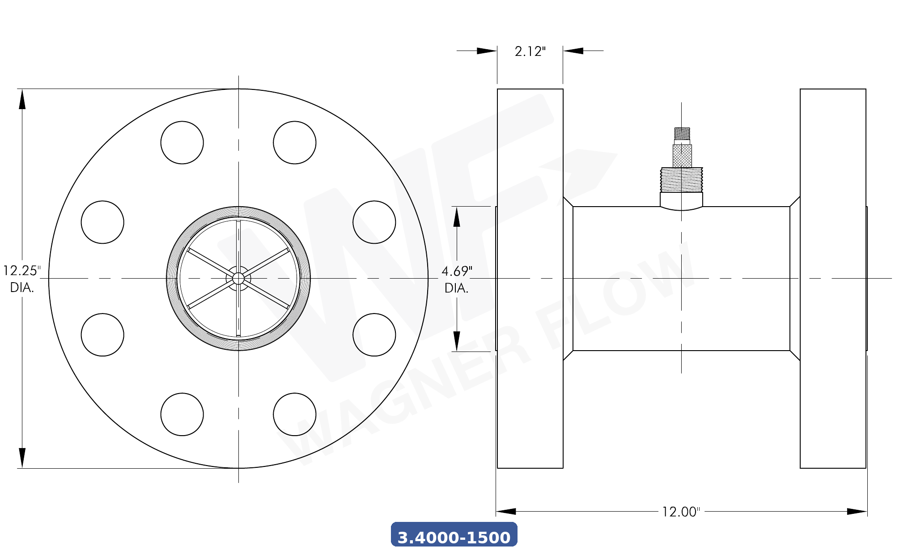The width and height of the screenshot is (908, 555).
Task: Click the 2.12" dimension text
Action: point(530,51)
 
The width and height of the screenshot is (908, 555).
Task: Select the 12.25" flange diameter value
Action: point(21,271)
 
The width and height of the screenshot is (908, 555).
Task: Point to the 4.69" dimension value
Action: point(457,271)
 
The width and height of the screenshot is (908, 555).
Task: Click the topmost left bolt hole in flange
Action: point(182,143)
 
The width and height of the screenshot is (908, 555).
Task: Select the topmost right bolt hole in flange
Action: point(295,143)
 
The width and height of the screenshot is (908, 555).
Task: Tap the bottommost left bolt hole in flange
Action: point(182,415)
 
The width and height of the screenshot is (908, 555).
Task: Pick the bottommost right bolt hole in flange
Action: point(295,415)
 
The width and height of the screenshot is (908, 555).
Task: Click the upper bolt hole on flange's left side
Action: point(102,222)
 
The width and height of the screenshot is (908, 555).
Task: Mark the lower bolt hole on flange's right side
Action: point(374,335)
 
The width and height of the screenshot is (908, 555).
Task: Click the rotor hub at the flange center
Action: point(238,279)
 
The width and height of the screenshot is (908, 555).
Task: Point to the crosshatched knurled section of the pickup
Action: point(682,156)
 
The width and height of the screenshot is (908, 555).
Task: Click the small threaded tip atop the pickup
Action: point(682,133)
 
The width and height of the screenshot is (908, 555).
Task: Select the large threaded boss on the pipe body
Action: point(682,180)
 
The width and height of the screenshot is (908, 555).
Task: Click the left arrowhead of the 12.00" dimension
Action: point(506,512)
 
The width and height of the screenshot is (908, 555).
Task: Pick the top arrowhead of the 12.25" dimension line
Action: point(22,99)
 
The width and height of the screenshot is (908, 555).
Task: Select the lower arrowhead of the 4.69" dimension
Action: point(457,341)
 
